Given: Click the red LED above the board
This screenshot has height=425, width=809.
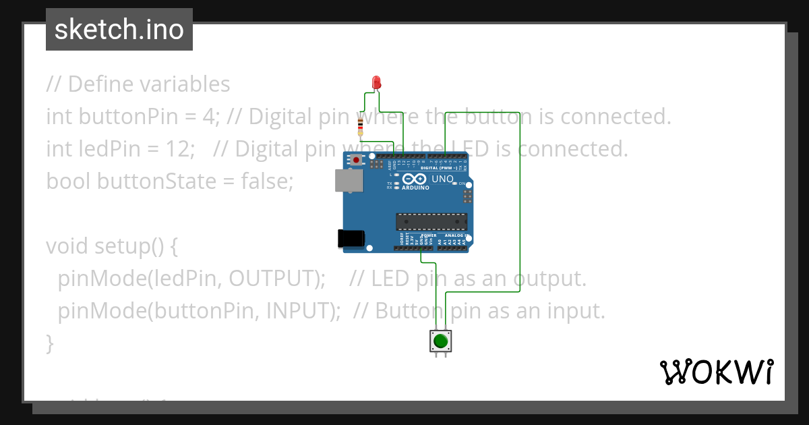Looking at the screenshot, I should (x=376, y=83).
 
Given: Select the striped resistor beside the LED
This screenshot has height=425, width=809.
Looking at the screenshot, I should (x=361, y=125).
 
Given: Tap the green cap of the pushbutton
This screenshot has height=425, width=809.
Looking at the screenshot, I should (x=440, y=341).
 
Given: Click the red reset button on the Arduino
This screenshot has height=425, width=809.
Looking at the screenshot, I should (x=355, y=160).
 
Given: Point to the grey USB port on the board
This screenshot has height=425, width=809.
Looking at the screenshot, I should (x=348, y=180).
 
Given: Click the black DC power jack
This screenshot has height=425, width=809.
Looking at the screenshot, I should (x=351, y=237).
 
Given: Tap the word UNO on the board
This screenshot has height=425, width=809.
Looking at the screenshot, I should (x=442, y=179).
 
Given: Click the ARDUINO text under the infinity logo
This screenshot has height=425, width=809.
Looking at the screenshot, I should (x=416, y=188).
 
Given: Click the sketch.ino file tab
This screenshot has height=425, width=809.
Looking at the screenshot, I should (x=119, y=30).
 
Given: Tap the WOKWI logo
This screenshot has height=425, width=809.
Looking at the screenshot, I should (x=716, y=372).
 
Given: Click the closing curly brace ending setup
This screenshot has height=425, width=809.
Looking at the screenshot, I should (x=49, y=343).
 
